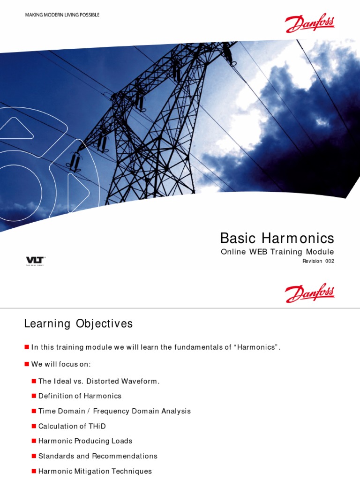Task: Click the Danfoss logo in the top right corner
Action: (x=310, y=23)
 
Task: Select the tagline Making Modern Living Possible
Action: (x=62, y=15)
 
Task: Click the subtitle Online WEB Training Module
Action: (x=277, y=252)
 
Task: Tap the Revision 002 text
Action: (x=318, y=262)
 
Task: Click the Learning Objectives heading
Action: (x=78, y=323)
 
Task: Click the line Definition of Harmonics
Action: (x=80, y=396)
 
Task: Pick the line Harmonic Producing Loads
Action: (x=85, y=441)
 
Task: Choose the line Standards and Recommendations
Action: (x=97, y=456)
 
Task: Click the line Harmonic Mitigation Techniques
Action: (x=95, y=471)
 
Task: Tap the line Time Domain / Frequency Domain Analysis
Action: (x=114, y=411)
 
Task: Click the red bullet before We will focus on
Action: (x=27, y=364)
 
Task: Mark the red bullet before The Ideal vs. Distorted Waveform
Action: (x=34, y=381)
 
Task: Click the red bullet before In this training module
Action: (x=27, y=347)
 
